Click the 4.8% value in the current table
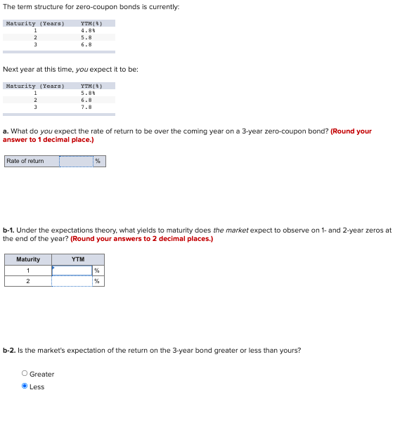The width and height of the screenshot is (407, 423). coord(88,30)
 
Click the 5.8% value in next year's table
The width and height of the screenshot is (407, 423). coord(88,93)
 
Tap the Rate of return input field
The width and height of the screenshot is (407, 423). coord(75,161)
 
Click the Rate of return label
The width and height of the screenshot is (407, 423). coord(25,161)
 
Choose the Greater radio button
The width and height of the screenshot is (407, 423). coord(25,374)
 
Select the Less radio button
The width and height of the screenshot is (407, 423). coord(25,386)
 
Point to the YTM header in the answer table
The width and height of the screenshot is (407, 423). coord(78,259)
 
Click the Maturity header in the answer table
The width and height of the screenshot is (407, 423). coord(28,259)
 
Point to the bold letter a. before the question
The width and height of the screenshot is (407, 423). coord(6,131)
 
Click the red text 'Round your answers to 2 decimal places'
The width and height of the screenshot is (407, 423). coord(141,238)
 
